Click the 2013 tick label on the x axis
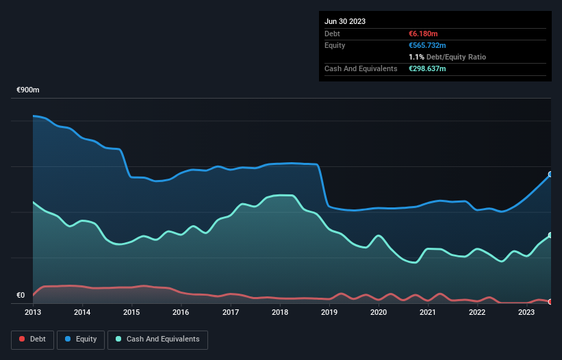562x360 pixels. click(33, 312)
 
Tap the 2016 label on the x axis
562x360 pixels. click(181, 312)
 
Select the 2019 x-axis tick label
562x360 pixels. click(329, 312)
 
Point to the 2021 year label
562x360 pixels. click(428, 312)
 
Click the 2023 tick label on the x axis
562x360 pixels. click(526, 312)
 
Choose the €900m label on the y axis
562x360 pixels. click(29, 90)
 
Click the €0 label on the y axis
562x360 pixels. click(21, 296)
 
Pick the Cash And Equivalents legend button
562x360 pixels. click(157, 339)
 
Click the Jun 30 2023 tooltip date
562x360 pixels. click(345, 21)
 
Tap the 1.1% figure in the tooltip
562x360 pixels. click(415, 57)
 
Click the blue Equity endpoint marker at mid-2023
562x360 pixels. click(550, 175)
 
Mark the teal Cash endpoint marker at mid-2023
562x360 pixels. click(550, 235)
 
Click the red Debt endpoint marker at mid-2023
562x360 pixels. click(550, 301)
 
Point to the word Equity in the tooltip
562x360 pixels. click(335, 45)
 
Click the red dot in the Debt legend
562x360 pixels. click(22, 339)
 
